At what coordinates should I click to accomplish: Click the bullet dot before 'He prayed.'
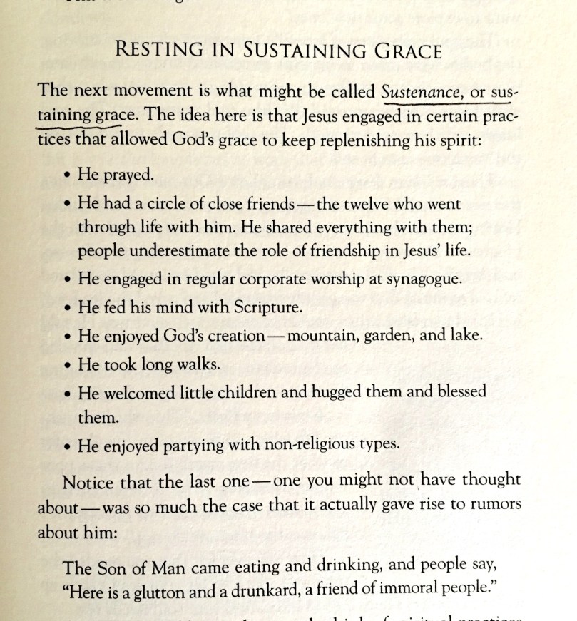pyautogui.click(x=66, y=174)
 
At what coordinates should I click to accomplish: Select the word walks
pyautogui.click(x=195, y=364)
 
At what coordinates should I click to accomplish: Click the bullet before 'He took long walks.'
pyautogui.click(x=66, y=364)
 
